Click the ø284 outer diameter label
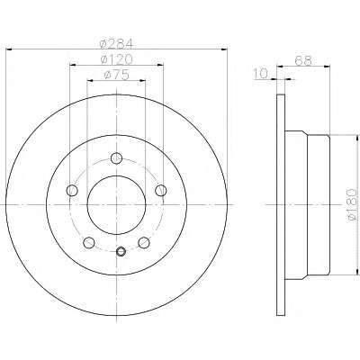pyautogui.click(x=116, y=44)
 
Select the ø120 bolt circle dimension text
pyautogui.click(x=116, y=59)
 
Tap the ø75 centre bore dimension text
pyautogui.click(x=116, y=75)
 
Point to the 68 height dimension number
pyautogui.click(x=303, y=60)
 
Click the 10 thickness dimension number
pyautogui.click(x=260, y=74)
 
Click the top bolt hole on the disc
pyautogui.click(x=116, y=158)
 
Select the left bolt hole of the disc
pyautogui.click(x=72, y=190)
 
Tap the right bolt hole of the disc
pyautogui.click(x=161, y=190)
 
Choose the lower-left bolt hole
pyautogui.click(x=88, y=242)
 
